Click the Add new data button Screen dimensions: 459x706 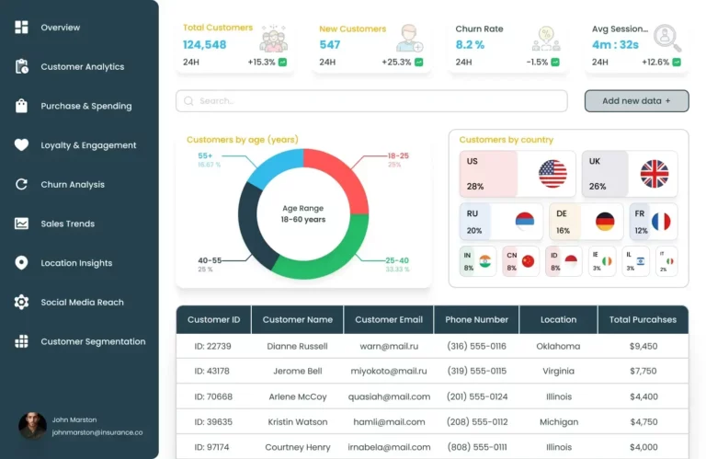click(x=636, y=101)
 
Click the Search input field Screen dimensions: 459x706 click(x=371, y=101)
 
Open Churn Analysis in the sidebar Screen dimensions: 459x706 click(x=73, y=185)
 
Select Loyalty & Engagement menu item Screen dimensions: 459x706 click(x=88, y=145)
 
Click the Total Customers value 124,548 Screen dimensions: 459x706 click(x=204, y=45)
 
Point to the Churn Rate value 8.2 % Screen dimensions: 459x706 click(x=470, y=45)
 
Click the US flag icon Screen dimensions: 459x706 click(x=552, y=174)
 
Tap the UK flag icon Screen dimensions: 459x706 click(x=655, y=174)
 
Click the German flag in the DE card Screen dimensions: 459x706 click(x=604, y=222)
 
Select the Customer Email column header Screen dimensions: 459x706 click(x=389, y=320)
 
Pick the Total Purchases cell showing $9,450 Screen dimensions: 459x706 click(x=643, y=347)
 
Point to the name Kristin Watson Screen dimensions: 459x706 click(x=297, y=422)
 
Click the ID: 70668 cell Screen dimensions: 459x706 click(x=213, y=397)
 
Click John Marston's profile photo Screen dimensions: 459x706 click(x=32, y=426)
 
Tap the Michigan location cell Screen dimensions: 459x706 click(x=558, y=422)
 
